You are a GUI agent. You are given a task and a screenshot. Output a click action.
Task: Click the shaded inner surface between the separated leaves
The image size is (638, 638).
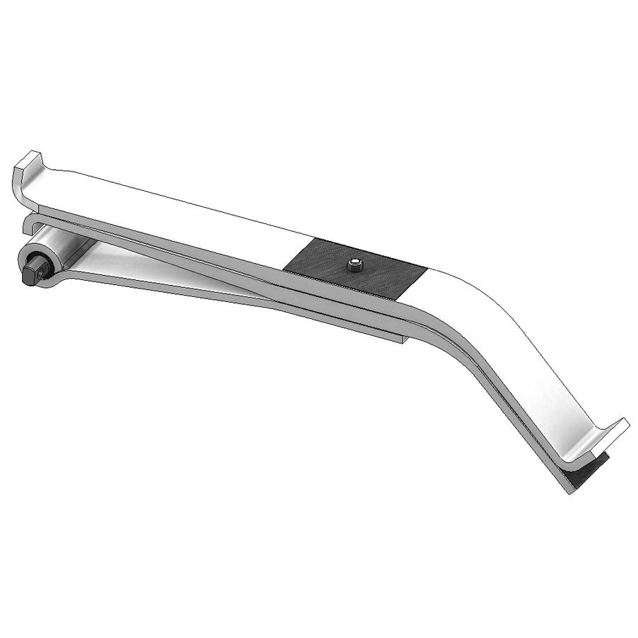156,273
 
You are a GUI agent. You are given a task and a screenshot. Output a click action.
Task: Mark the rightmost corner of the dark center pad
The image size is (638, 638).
427,268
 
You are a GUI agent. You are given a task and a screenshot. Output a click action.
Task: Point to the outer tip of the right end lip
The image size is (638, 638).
628,425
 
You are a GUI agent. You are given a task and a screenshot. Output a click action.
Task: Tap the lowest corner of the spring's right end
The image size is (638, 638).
571,493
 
